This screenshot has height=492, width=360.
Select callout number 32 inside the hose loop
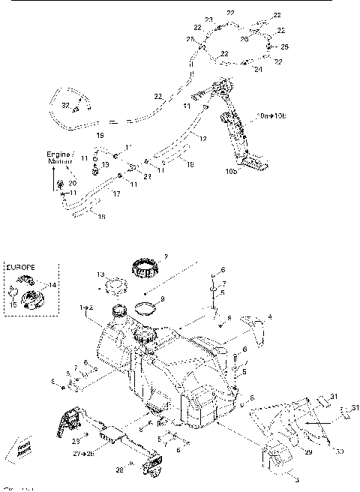pos(65,105)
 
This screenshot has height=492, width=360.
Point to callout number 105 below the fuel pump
pos(229,171)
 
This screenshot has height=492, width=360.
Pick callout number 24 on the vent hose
pos(258,69)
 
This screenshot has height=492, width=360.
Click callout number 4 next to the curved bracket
pos(268,318)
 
